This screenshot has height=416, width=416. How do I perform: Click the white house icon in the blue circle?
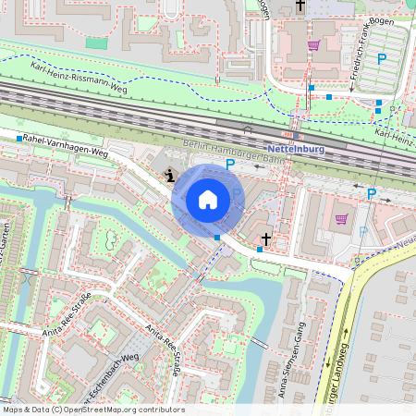point(208,199)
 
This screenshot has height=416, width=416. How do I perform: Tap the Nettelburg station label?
point(293,149)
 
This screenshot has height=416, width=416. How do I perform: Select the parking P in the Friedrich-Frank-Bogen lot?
point(382,59)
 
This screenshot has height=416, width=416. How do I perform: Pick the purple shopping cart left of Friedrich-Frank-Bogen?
point(313,44)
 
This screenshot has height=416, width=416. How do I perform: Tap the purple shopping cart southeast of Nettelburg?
point(341,219)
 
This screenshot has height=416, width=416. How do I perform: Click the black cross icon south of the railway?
point(265,239)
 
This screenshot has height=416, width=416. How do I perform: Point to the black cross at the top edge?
point(299,6)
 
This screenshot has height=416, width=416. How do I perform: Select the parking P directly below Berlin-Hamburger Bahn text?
point(230,164)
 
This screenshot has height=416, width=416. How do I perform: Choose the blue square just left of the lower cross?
point(247,250)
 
